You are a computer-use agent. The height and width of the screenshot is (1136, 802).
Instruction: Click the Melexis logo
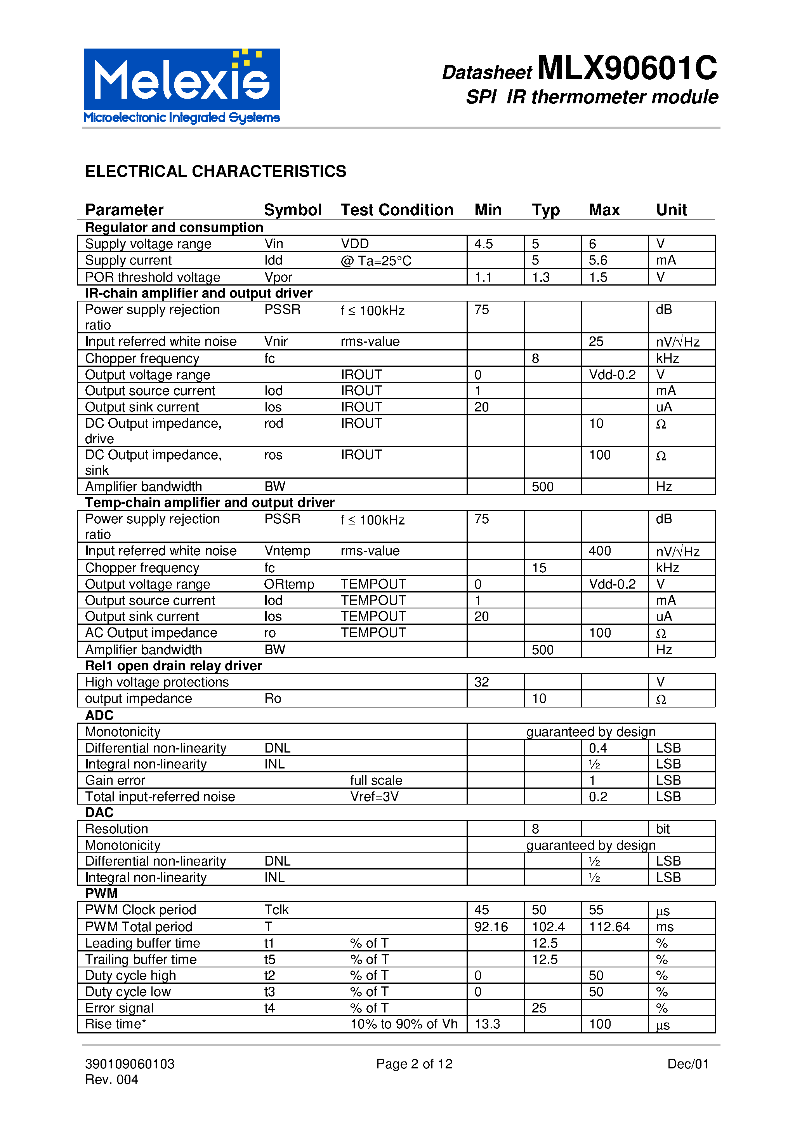click(182, 85)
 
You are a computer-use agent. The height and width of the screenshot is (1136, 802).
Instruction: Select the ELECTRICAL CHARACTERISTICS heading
click(215, 171)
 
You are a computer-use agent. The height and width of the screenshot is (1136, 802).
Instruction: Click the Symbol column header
click(292, 210)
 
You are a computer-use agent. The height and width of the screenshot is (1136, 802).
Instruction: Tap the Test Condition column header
click(397, 210)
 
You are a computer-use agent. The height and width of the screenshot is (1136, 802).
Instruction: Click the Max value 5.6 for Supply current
click(598, 260)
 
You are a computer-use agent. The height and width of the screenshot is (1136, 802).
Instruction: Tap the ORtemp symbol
click(289, 584)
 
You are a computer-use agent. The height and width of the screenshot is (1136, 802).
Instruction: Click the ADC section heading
click(99, 716)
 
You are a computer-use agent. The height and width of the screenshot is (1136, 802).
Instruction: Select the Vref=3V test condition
click(374, 796)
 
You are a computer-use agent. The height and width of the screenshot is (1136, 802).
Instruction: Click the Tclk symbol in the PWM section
click(276, 909)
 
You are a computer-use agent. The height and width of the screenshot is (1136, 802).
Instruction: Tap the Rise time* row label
click(115, 1024)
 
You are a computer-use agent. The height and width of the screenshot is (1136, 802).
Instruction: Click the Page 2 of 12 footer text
click(414, 1064)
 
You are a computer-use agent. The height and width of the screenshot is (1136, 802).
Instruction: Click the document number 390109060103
click(130, 1064)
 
